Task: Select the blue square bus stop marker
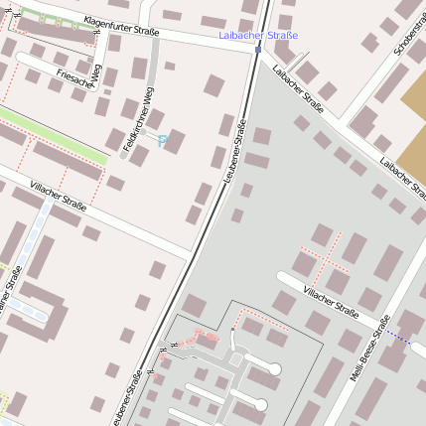click(x=258, y=49)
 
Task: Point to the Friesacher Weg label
click(x=80, y=75)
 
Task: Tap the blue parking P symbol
click(x=162, y=141)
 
